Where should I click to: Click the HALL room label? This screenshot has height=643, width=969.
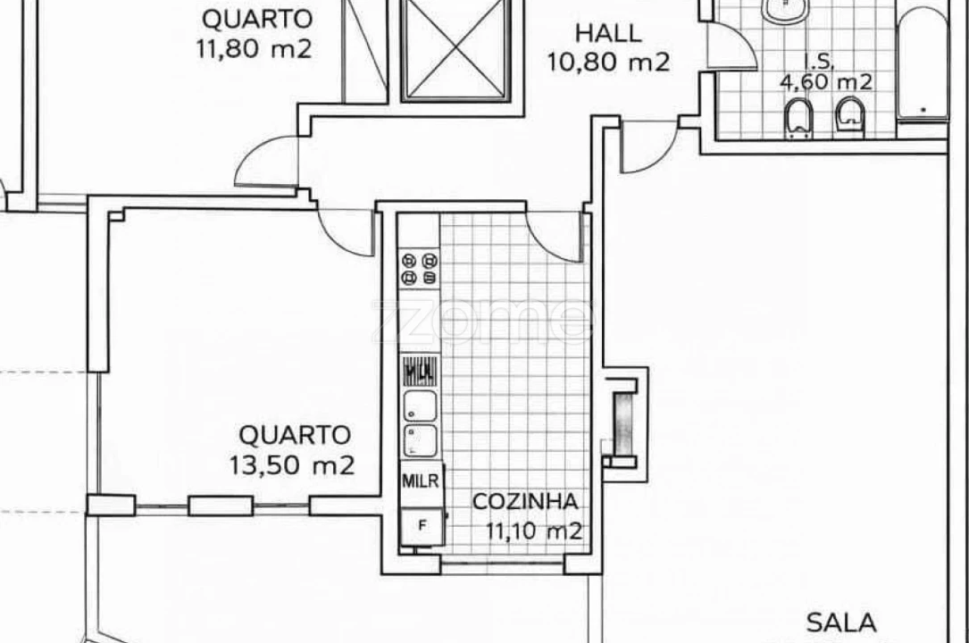coord(607,34)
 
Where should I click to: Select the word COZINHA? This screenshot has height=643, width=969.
coord(525,502)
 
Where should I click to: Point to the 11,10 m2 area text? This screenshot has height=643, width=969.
coord(533,531)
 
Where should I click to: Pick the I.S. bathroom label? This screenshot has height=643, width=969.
coord(818,63)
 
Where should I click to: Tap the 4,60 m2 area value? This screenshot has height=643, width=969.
coord(826,83)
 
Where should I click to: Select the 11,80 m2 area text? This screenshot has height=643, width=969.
coord(254,47)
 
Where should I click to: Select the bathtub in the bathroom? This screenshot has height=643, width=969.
coord(923,63)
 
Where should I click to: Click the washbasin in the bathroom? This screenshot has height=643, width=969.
coord(786,9)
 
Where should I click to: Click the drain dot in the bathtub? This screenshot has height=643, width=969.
coord(923,109)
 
